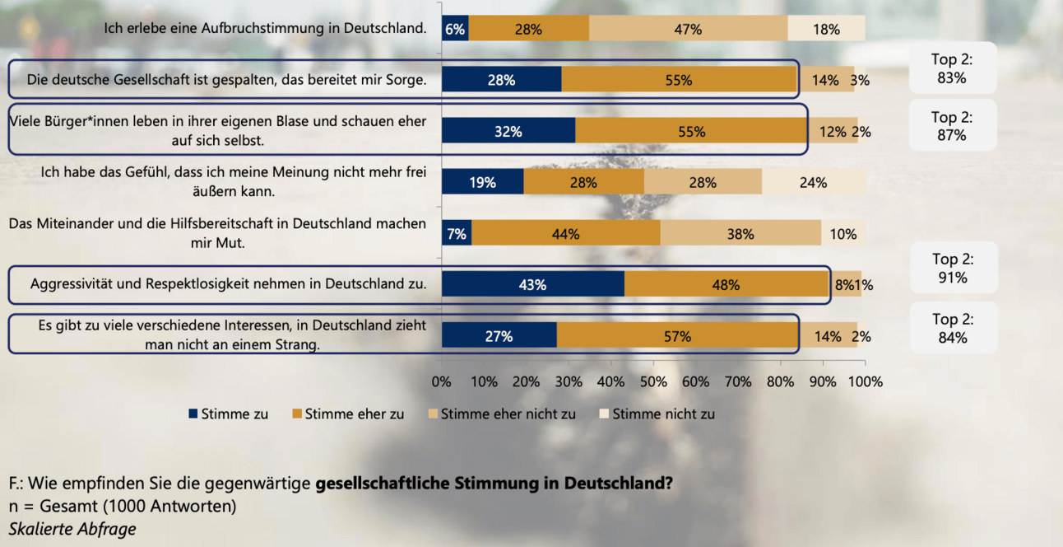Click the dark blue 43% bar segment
pos(532,285)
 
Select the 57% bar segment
pos(678,336)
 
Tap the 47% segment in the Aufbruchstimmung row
pos(688,29)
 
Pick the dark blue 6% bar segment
pos(455,29)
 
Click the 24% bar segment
pos(813,183)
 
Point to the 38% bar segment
pos(740,234)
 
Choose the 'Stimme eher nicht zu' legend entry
pos(501,414)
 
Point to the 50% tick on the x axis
pos(653,381)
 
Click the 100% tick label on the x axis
pos(865,381)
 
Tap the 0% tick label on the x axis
pos(442,381)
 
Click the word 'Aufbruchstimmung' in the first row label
pos(253,28)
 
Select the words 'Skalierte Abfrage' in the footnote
pos(72,529)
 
